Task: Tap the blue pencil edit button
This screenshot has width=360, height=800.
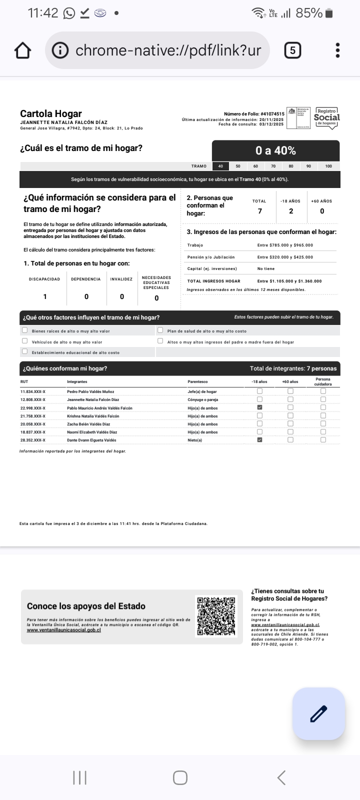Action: [x=318, y=713]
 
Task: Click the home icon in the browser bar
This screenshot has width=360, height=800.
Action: [x=22, y=50]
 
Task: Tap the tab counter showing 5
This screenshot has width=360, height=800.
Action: [x=292, y=50]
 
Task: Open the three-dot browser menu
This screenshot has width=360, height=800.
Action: [x=338, y=50]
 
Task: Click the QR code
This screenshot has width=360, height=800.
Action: [x=216, y=616]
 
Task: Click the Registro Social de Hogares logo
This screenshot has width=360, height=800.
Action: [x=326, y=118]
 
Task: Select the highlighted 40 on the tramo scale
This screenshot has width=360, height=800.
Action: [x=220, y=166]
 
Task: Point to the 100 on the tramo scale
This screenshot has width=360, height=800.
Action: [x=328, y=166]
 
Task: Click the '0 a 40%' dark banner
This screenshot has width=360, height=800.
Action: [x=275, y=150]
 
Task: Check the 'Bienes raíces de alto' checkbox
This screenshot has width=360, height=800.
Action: [x=24, y=330]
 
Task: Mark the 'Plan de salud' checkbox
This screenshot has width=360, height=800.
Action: [x=160, y=330]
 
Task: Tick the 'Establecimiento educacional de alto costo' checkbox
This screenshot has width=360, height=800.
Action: [x=24, y=352]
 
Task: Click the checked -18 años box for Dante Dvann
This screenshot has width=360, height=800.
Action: [x=259, y=440]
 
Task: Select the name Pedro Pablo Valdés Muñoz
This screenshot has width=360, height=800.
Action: [x=90, y=392]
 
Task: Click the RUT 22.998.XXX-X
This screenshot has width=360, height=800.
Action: [x=33, y=408]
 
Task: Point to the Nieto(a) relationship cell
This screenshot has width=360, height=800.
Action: [x=195, y=440]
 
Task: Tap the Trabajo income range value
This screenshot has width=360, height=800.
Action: [x=285, y=245]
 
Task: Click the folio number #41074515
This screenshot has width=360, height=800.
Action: [x=272, y=114]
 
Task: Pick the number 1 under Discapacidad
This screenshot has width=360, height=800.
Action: [x=45, y=296]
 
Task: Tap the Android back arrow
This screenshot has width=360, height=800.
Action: [x=281, y=777]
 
